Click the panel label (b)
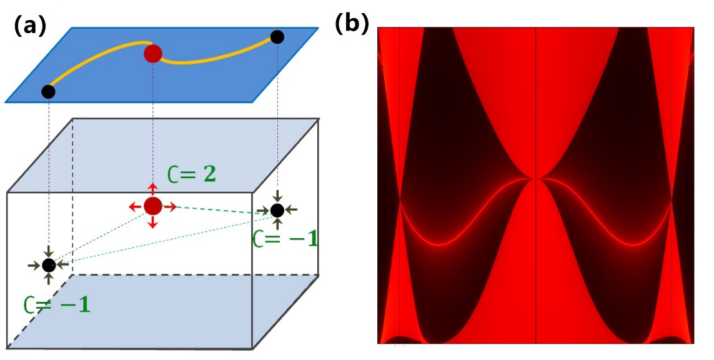pos(352,23)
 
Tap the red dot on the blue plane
pos(153,54)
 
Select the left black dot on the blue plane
pos(48,92)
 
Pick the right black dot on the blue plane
pos(278,37)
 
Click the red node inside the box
pos(152,205)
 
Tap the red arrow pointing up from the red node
pos(152,189)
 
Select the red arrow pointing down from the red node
pos(152,221)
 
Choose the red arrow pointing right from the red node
pos(169,206)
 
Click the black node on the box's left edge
pos(49,265)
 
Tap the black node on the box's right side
pos(278,210)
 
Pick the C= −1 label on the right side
pos(285,238)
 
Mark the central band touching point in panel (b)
pos(535,178)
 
